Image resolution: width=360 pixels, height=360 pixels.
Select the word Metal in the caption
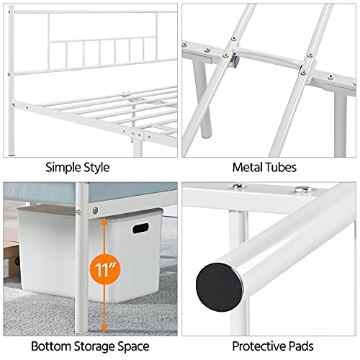tap(248, 167)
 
